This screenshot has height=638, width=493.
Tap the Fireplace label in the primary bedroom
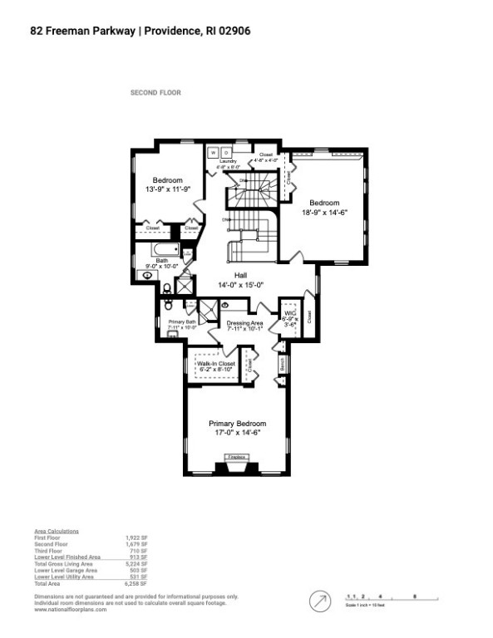[x=237, y=457]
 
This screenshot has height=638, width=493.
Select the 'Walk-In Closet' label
[x=215, y=364]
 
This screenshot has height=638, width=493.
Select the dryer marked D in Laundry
[x=226, y=153]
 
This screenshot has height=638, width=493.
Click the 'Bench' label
[x=283, y=363]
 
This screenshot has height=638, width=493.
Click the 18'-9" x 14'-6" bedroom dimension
[x=323, y=212]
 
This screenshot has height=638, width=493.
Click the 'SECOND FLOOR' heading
[x=155, y=93]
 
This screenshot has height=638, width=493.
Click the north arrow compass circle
[x=319, y=599]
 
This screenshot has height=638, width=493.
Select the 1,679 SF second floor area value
[x=137, y=544]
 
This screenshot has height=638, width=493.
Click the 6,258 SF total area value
[x=137, y=584]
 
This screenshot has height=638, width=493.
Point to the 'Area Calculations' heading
[x=57, y=530]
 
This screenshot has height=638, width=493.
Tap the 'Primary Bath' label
[x=181, y=321]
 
